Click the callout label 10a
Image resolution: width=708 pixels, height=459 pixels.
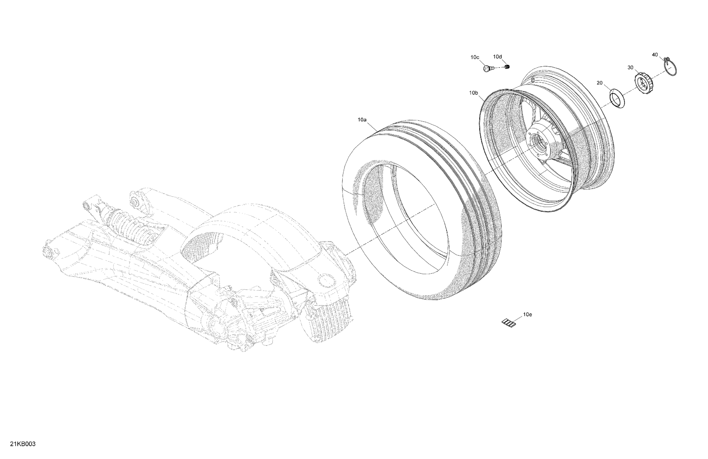click(362, 120)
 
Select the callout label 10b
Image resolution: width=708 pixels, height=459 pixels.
click(474, 93)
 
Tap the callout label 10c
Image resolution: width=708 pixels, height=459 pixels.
click(475, 57)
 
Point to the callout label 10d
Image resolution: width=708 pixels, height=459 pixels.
click(497, 56)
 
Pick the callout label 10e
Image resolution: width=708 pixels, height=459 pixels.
click(528, 315)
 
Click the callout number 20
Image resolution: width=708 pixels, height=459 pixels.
click(599, 83)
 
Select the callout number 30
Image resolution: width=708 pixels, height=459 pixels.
click(630, 67)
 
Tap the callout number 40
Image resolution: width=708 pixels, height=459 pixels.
click(655, 55)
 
